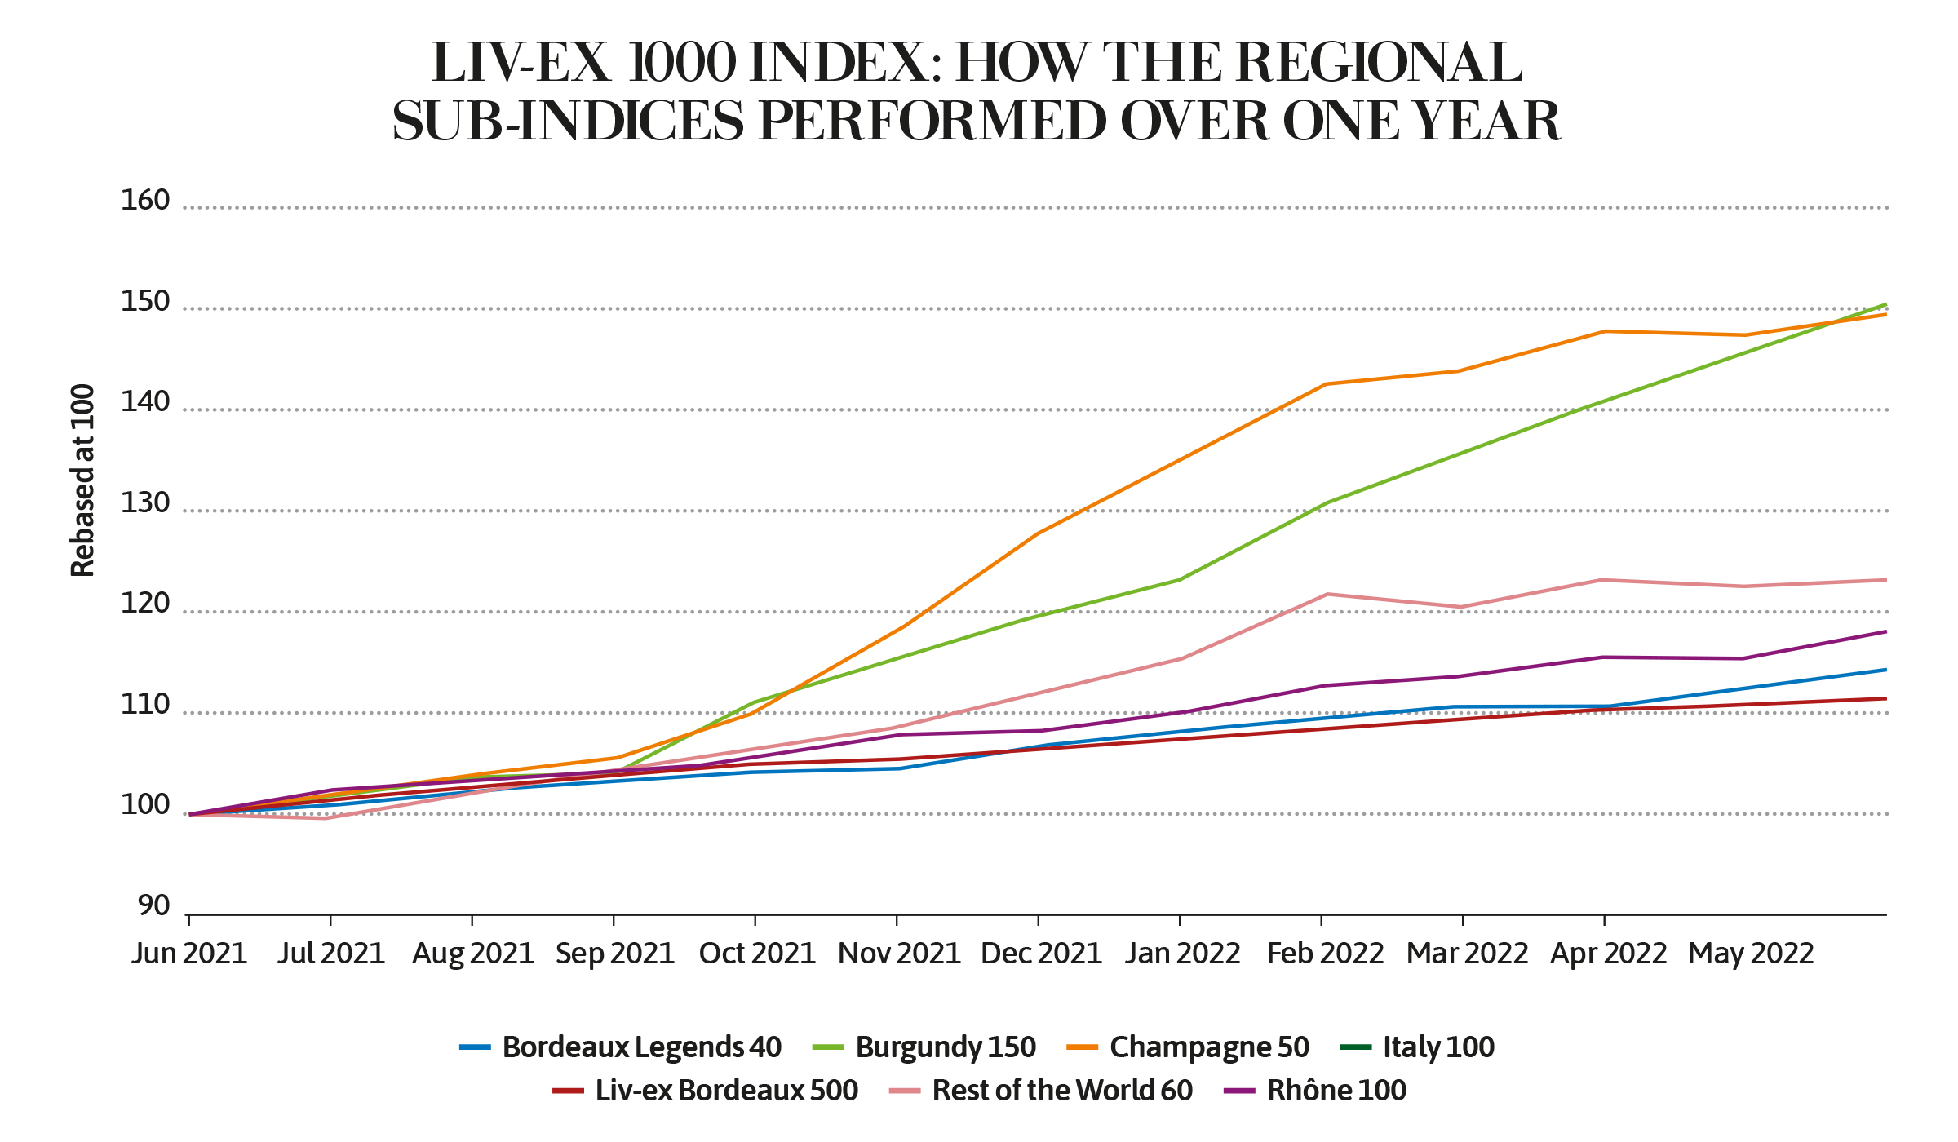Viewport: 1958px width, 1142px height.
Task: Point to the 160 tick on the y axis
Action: coord(145,201)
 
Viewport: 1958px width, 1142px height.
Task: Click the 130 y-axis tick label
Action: coord(145,503)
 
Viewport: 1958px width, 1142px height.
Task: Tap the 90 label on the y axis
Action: coord(153,906)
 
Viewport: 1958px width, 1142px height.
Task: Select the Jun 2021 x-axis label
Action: coord(189,953)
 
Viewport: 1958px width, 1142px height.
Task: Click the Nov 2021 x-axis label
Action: coord(898,953)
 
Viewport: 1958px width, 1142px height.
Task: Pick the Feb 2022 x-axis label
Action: coord(1325,953)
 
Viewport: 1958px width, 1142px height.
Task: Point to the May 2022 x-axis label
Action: coord(1751,953)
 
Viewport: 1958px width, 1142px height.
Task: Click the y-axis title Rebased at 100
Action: coord(82,480)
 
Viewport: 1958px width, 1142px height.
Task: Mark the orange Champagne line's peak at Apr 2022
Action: coord(1605,331)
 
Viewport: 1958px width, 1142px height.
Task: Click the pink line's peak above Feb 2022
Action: coord(1327,594)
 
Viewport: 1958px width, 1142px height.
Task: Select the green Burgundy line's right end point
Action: coord(1885,304)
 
